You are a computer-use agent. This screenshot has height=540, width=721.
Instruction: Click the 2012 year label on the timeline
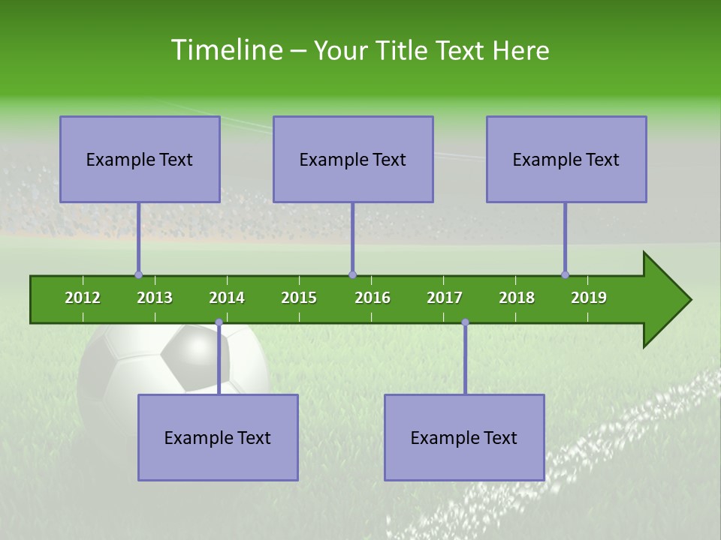pyautogui.click(x=83, y=298)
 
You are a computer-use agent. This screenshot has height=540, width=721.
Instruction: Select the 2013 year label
pyautogui.click(x=155, y=298)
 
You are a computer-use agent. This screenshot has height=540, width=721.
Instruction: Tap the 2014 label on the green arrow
pyautogui.click(x=227, y=298)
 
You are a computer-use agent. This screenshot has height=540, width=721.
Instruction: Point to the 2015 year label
pyautogui.click(x=299, y=298)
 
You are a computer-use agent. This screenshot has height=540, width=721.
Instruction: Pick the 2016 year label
pyautogui.click(x=373, y=298)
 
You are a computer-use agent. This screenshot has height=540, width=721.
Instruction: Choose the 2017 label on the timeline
pyautogui.click(x=445, y=298)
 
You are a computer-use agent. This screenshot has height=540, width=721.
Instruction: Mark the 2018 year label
pyautogui.click(x=517, y=298)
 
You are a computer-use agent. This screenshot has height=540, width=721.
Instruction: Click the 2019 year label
pyautogui.click(x=589, y=298)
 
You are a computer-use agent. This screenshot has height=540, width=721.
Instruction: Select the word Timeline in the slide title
pyautogui.click(x=225, y=50)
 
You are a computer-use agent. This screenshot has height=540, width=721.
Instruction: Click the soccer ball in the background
pyautogui.click(x=173, y=360)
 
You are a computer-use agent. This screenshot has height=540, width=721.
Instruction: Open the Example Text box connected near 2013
pyautogui.click(x=140, y=159)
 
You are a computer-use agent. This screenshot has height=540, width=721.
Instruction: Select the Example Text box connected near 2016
pyautogui.click(x=353, y=159)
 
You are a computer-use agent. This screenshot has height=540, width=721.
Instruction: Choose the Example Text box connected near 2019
pyautogui.click(x=566, y=159)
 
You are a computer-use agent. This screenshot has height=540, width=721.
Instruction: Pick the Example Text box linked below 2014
pyautogui.click(x=218, y=437)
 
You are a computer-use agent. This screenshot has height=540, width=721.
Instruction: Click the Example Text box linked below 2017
pyautogui.click(x=464, y=437)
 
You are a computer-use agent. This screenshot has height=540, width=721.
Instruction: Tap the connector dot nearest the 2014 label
pyautogui.click(x=219, y=322)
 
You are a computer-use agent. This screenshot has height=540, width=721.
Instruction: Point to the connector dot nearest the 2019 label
pyautogui.click(x=566, y=274)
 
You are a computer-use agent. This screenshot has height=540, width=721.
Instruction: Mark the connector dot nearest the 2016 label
pyautogui.click(x=352, y=274)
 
